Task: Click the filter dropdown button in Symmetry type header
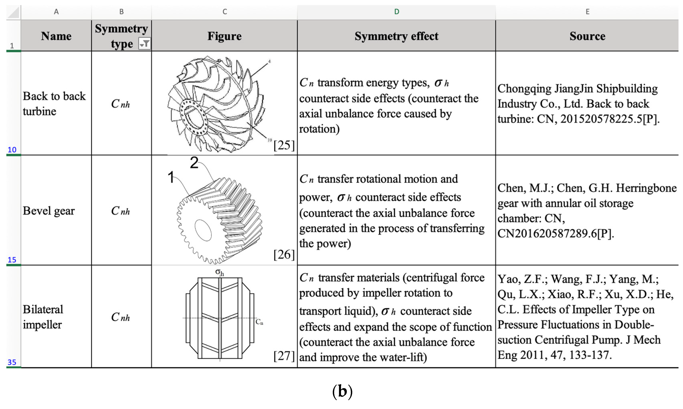144,44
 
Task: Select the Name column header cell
56,36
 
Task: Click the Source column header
587,36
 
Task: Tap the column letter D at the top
396,12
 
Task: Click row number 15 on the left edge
12,260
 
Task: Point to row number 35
12,362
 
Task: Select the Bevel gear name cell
49,211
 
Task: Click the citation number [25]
284,145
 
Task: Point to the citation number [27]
284,356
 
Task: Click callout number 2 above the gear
194,163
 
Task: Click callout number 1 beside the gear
171,177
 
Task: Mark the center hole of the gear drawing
203,230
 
